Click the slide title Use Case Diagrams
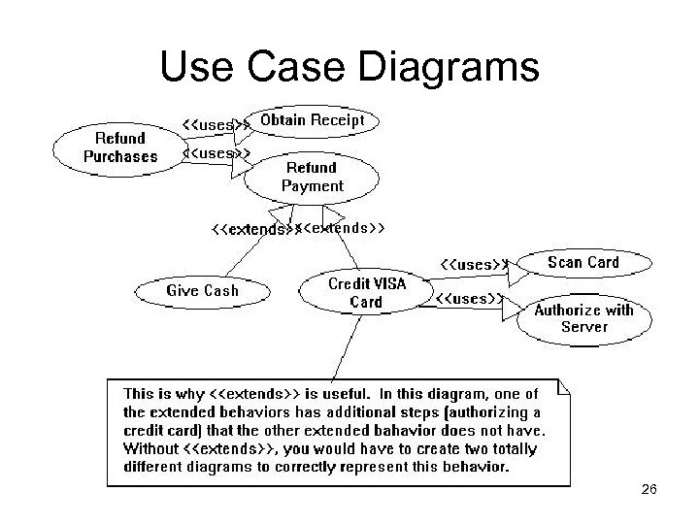349,68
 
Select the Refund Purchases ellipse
119,147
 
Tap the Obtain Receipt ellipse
313,120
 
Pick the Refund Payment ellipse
312,176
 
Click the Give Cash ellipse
202,290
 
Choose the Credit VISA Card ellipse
366,292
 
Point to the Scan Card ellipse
582,262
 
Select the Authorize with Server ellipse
583,318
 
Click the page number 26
649,490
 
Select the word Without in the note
150,449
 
